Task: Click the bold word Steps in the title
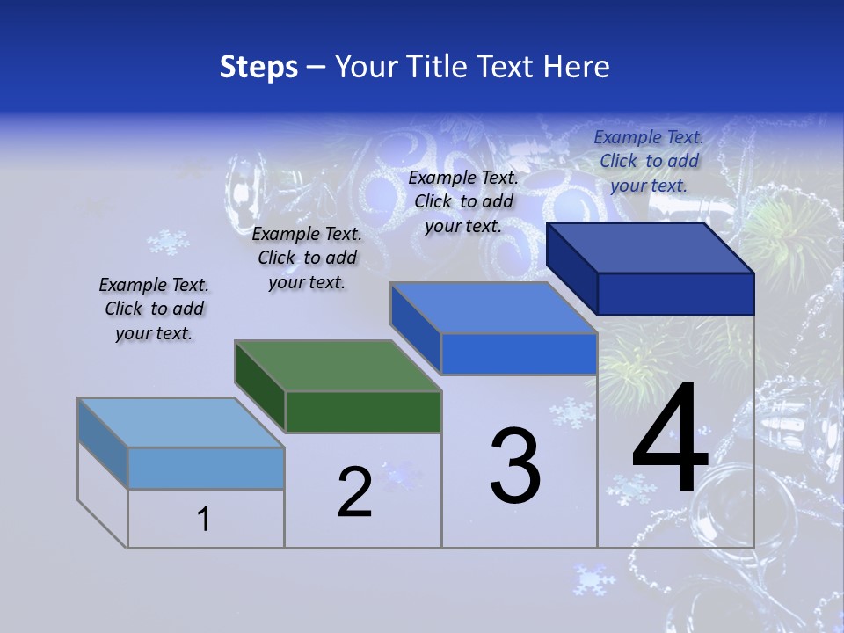[258, 67]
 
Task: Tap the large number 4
[670, 440]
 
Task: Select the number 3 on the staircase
[515, 466]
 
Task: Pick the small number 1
[204, 519]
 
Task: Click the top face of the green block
[338, 366]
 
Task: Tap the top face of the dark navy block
[651, 248]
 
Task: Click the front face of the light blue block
[206, 468]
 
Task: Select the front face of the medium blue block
[519, 354]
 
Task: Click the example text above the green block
[307, 258]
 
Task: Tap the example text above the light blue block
[154, 309]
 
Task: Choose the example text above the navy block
[649, 161]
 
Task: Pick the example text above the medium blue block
[463, 201]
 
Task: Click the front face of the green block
[363, 411]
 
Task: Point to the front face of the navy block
[675, 294]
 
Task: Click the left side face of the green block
[260, 387]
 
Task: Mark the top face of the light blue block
[181, 423]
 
